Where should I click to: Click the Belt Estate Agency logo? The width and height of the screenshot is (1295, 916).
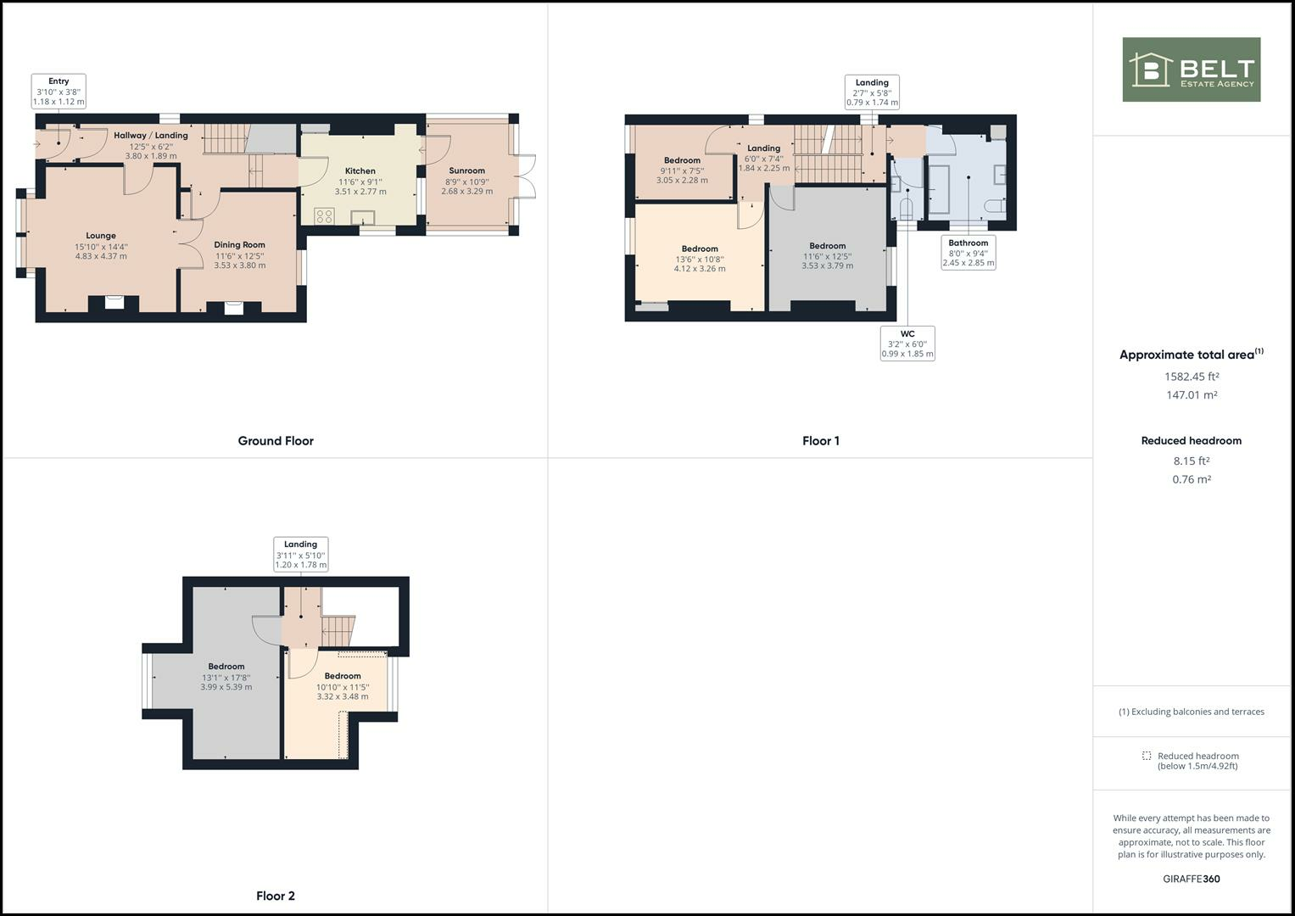click(1191, 70)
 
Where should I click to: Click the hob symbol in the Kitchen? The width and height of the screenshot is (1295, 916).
click(324, 215)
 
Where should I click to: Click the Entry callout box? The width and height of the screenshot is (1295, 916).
click(59, 92)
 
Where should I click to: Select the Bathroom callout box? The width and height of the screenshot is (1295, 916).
click(968, 253)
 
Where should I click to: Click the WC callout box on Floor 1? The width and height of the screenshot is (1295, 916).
click(907, 343)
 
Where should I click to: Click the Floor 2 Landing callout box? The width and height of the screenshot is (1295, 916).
click(300, 555)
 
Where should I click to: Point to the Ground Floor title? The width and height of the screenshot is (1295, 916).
click(276, 441)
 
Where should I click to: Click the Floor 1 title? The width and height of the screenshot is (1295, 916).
click(820, 441)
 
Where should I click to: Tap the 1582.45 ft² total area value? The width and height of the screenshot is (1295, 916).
click(1191, 377)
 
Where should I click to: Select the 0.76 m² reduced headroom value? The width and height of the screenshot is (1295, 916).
click(1191, 479)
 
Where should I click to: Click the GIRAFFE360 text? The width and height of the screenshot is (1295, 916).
click(1191, 879)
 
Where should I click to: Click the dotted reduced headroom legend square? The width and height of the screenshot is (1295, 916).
click(1147, 756)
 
